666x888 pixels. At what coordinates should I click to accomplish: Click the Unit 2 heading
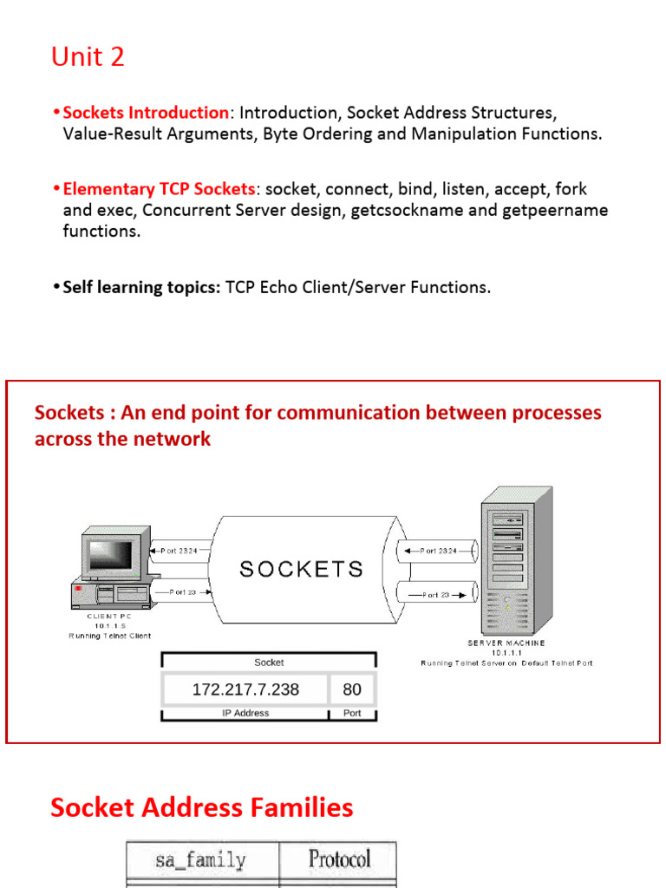click(x=88, y=57)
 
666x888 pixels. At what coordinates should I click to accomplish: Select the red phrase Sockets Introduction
click(x=146, y=113)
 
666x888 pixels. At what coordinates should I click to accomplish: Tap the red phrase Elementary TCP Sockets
click(x=160, y=189)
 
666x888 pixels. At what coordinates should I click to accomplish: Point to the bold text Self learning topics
click(x=141, y=287)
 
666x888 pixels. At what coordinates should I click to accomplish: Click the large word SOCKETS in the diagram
click(x=301, y=569)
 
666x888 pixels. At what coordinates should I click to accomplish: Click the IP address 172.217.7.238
click(x=245, y=690)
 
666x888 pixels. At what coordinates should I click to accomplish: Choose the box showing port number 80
click(x=352, y=690)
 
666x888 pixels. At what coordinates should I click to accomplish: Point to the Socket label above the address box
click(x=269, y=663)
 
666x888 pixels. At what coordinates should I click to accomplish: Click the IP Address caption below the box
click(x=245, y=714)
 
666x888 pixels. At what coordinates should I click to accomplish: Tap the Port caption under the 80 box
click(x=352, y=714)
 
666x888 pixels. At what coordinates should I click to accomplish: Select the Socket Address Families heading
click(x=202, y=808)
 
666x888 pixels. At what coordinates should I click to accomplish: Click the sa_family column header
click(x=200, y=860)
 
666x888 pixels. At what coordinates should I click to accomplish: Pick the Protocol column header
click(x=339, y=859)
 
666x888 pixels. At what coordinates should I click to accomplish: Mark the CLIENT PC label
click(x=109, y=617)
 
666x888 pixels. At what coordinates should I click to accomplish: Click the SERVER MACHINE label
click(x=506, y=643)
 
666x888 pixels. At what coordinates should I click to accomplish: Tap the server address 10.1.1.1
click(x=506, y=653)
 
